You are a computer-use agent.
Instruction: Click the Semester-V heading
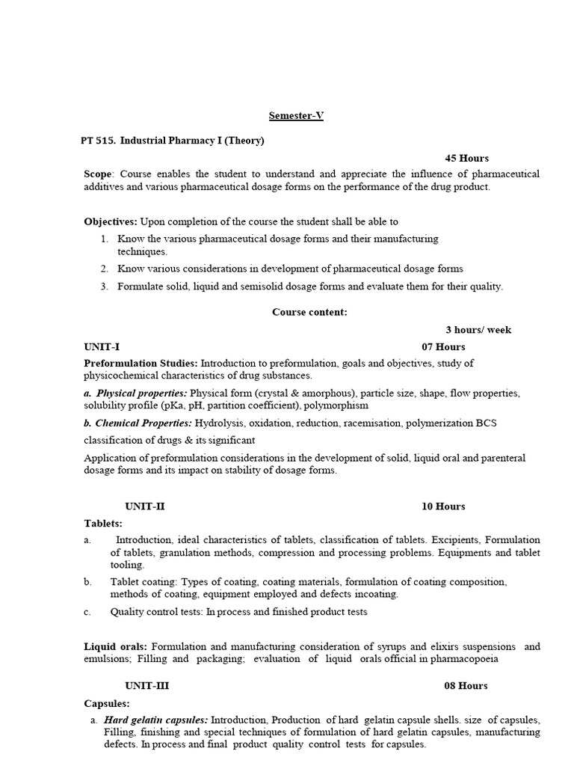(x=296, y=116)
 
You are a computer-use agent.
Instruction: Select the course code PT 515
(x=99, y=141)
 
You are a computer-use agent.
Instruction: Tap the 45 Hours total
(x=466, y=158)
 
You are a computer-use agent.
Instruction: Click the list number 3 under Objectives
(x=105, y=286)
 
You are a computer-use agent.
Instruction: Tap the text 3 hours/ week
(x=478, y=330)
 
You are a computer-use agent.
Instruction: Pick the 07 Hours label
(x=443, y=346)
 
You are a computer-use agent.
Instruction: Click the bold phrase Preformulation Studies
(x=141, y=363)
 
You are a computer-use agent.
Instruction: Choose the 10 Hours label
(x=443, y=506)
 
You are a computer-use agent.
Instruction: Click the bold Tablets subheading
(x=103, y=523)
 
